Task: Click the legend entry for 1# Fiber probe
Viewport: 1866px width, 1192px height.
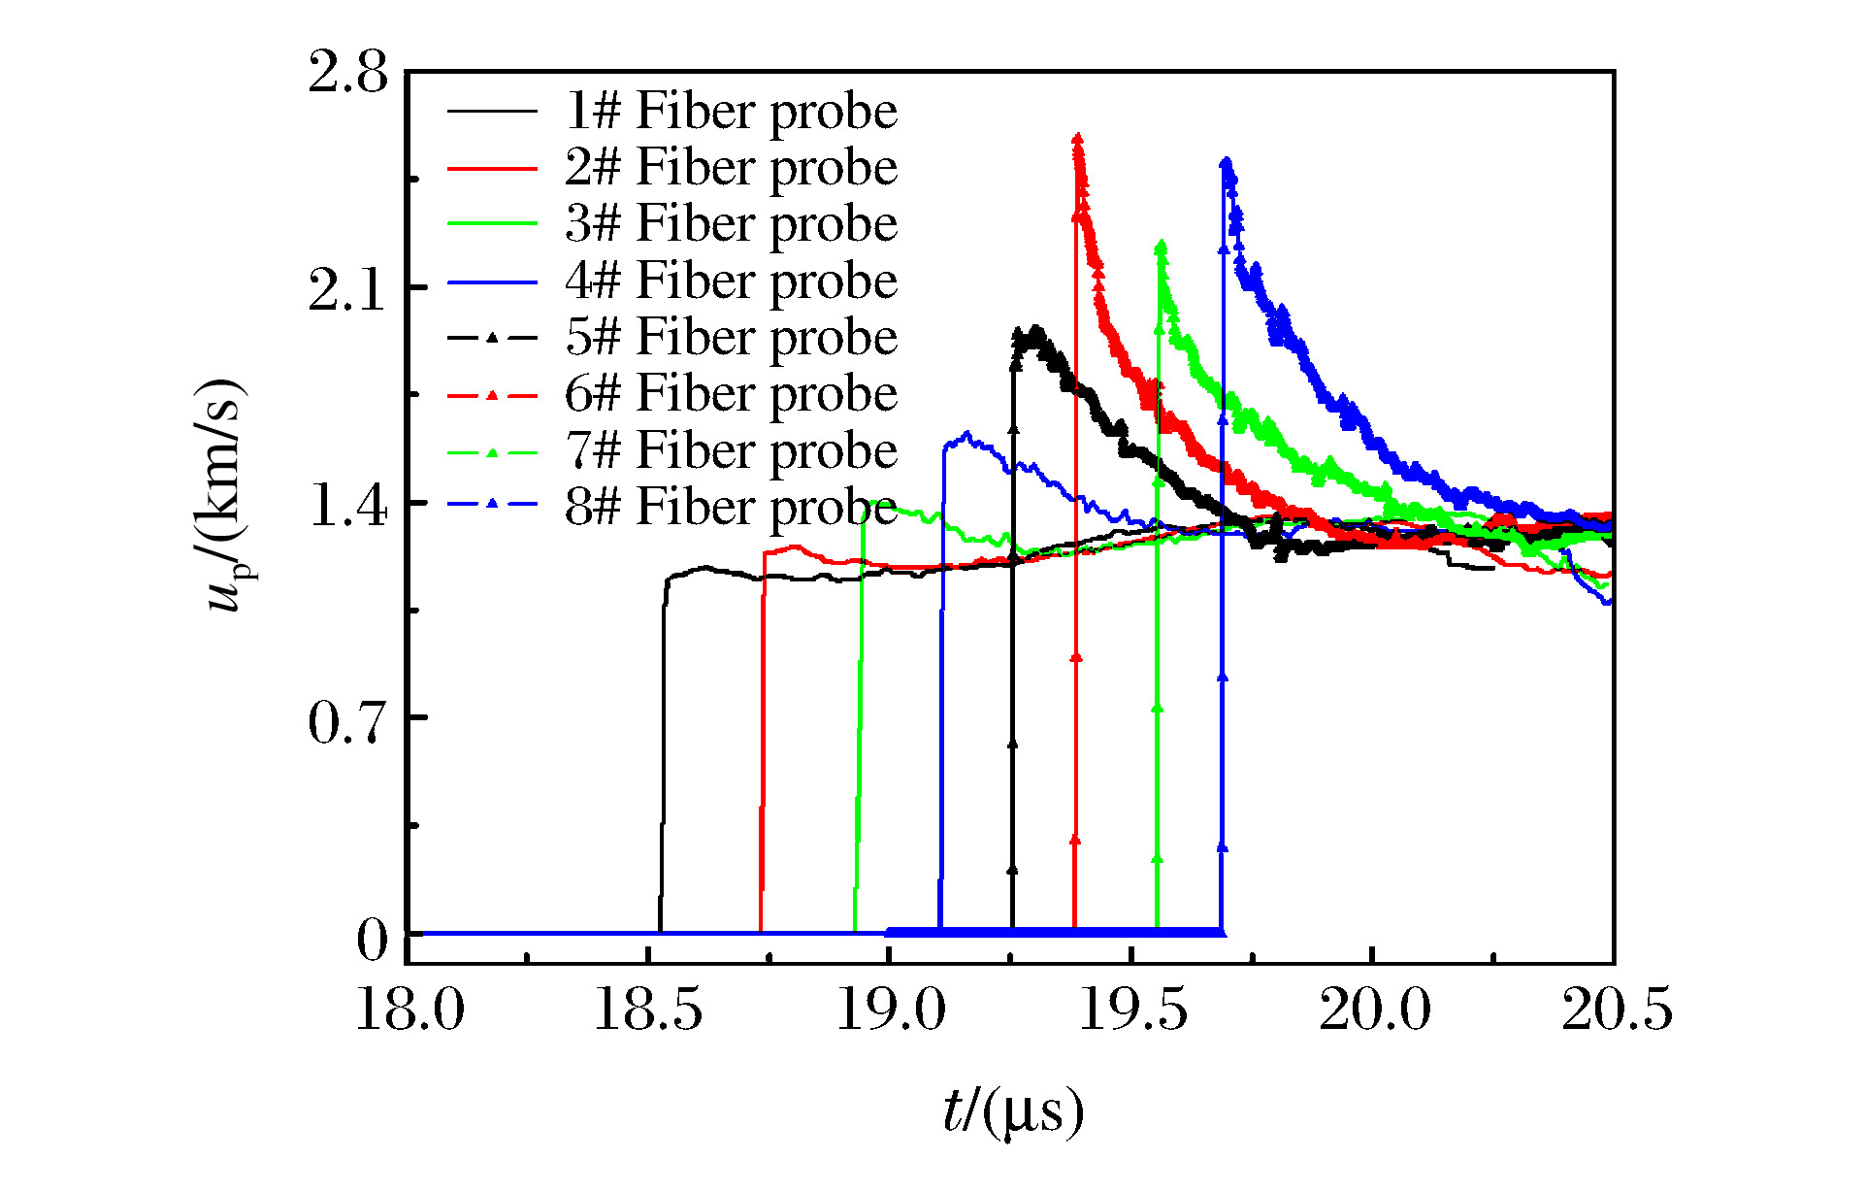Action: (x=731, y=111)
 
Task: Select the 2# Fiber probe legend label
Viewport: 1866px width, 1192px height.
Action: (x=731, y=167)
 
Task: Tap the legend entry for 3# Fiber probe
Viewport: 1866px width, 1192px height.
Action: (x=731, y=223)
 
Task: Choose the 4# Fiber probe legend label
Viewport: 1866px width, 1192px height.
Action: (x=731, y=281)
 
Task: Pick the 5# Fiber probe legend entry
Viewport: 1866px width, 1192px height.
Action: (x=731, y=337)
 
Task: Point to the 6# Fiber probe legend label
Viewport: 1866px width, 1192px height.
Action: (x=731, y=393)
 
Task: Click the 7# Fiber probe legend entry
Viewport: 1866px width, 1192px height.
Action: (x=731, y=450)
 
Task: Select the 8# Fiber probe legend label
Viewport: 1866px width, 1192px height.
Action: (x=731, y=507)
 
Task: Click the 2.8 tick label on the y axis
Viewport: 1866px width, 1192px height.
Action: (x=347, y=72)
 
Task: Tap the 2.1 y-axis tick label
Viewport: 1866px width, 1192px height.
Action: (x=347, y=288)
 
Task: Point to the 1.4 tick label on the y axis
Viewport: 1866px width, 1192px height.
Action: (x=347, y=505)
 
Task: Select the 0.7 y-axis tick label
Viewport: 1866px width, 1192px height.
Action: (x=347, y=721)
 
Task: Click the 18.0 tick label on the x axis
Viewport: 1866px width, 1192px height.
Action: (x=409, y=1010)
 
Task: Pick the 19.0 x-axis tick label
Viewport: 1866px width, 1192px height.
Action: (x=891, y=1010)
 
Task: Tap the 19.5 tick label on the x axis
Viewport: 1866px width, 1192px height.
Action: (x=1132, y=1010)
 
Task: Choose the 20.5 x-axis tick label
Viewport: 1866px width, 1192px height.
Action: (x=1616, y=1010)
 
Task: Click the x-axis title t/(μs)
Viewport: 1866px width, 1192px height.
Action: (x=1012, y=1111)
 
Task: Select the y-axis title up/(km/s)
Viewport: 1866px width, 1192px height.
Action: (x=225, y=495)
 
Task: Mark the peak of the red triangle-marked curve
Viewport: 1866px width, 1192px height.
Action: (x=1077, y=139)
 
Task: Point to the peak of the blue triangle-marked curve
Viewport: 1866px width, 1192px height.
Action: (x=1227, y=162)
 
